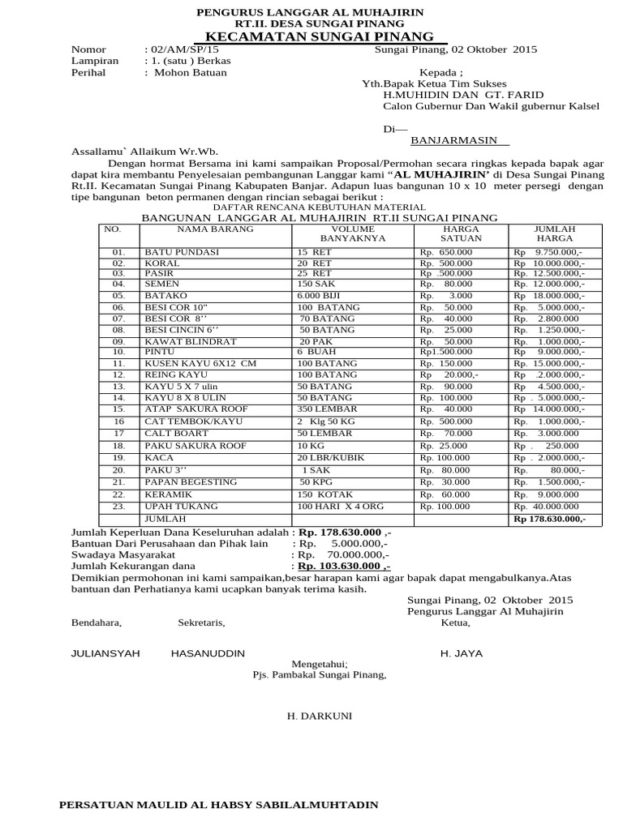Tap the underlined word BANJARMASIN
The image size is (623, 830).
[x=459, y=139]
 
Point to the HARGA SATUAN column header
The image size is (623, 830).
[x=461, y=234]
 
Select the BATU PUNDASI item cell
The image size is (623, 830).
[x=182, y=252]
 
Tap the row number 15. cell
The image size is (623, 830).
[x=118, y=410]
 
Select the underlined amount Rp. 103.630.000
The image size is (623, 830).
[x=344, y=567]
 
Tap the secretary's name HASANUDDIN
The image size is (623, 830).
[x=208, y=653]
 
